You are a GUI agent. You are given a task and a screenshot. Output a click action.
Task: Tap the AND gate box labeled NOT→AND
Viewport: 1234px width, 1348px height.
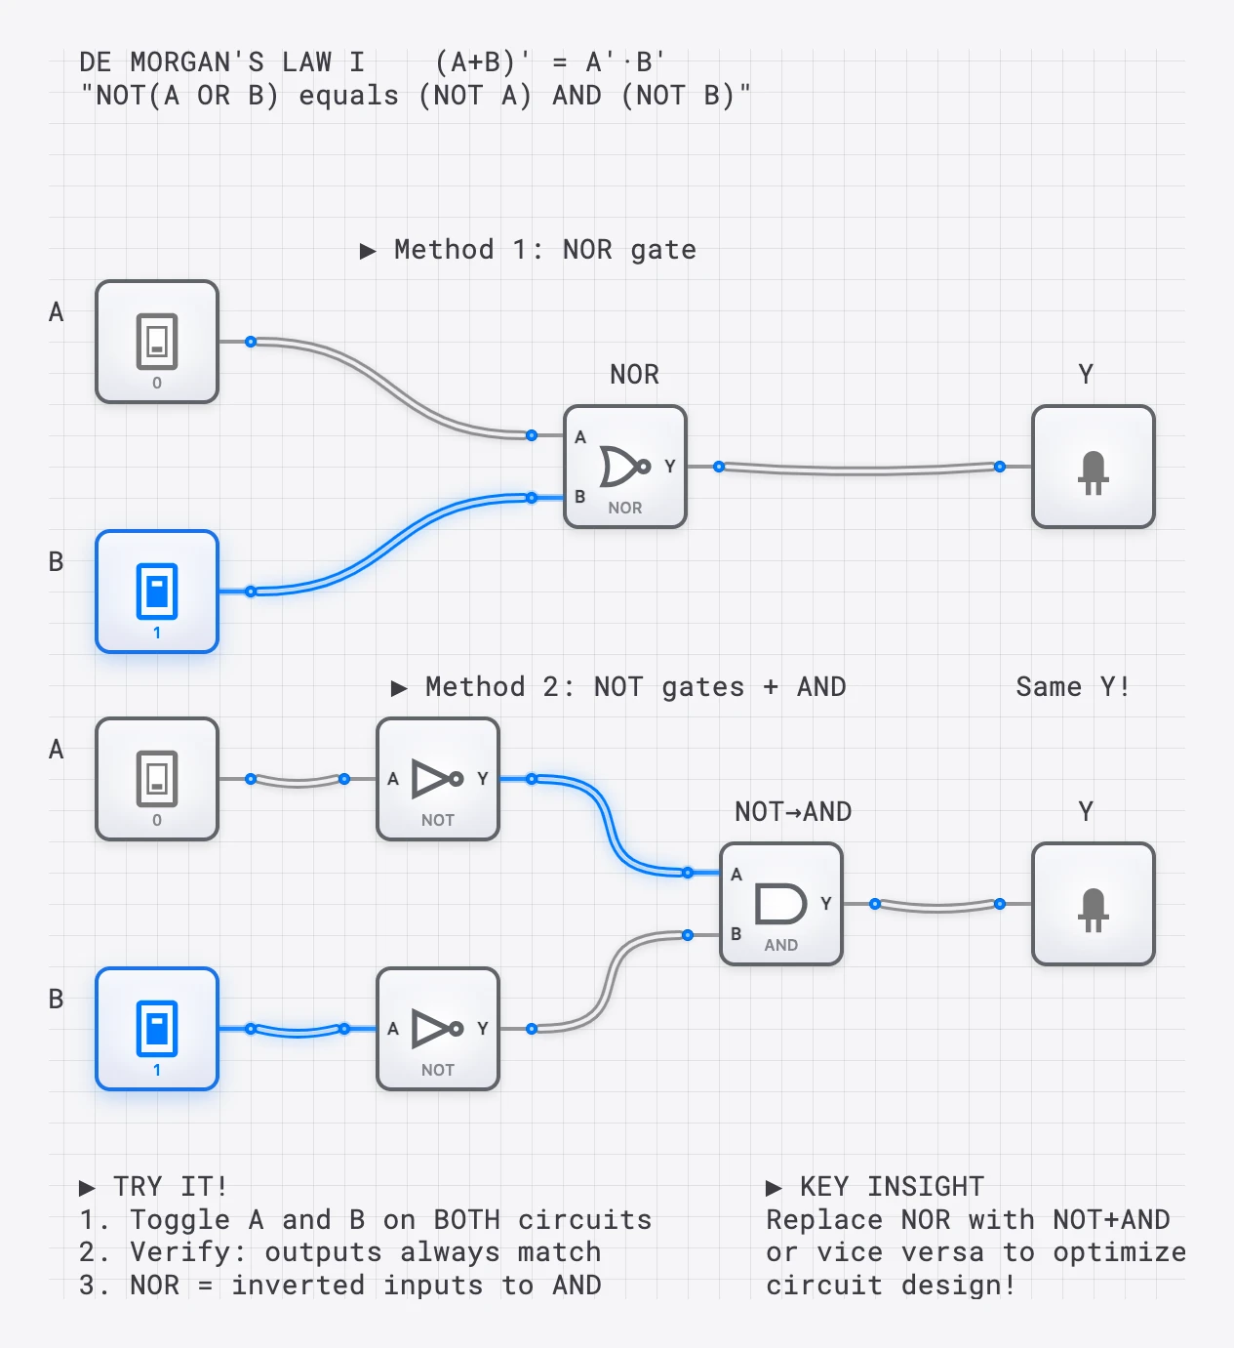pyautogui.click(x=780, y=904)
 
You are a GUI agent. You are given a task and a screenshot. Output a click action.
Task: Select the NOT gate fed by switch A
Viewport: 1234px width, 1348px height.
pyautogui.click(x=438, y=779)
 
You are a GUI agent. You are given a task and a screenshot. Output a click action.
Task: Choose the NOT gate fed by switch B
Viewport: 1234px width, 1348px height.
pyautogui.click(x=438, y=1029)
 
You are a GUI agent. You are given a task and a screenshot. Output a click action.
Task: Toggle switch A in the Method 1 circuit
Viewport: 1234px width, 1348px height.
pyautogui.click(x=157, y=342)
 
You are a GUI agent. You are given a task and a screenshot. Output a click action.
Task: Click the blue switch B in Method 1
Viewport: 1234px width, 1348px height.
pyautogui.click(x=157, y=592)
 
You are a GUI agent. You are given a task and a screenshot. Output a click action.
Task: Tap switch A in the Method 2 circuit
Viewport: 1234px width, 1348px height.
pyautogui.click(x=157, y=779)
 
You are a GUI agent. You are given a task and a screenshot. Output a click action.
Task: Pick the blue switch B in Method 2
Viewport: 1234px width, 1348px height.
pyautogui.click(x=157, y=1029)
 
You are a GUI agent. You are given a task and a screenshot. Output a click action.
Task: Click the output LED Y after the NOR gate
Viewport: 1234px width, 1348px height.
pyautogui.click(x=1094, y=467)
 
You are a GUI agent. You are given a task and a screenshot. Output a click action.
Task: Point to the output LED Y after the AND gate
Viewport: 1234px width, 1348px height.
pyautogui.click(x=1094, y=904)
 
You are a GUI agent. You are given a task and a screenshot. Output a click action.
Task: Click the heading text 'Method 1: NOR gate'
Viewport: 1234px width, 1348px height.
pyautogui.click(x=544, y=250)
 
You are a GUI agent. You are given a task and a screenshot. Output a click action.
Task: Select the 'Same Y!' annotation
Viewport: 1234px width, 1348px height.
pyautogui.click(x=1072, y=687)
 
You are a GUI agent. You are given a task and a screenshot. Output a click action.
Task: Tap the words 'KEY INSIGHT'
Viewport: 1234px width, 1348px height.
pyautogui.click(x=892, y=1187)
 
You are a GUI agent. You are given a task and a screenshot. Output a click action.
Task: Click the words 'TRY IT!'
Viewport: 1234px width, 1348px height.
pyautogui.click(x=170, y=1187)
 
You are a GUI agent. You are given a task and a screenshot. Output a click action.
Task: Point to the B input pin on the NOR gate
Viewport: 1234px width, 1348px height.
pyautogui.click(x=579, y=497)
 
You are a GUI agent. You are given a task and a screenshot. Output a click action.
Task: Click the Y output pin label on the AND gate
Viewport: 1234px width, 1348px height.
pyautogui.click(x=826, y=904)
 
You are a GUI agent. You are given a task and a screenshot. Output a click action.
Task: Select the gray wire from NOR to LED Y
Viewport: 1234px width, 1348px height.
pyautogui.click(x=858, y=470)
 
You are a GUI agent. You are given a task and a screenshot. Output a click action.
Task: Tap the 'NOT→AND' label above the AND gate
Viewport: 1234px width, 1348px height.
pyautogui.click(x=793, y=812)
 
